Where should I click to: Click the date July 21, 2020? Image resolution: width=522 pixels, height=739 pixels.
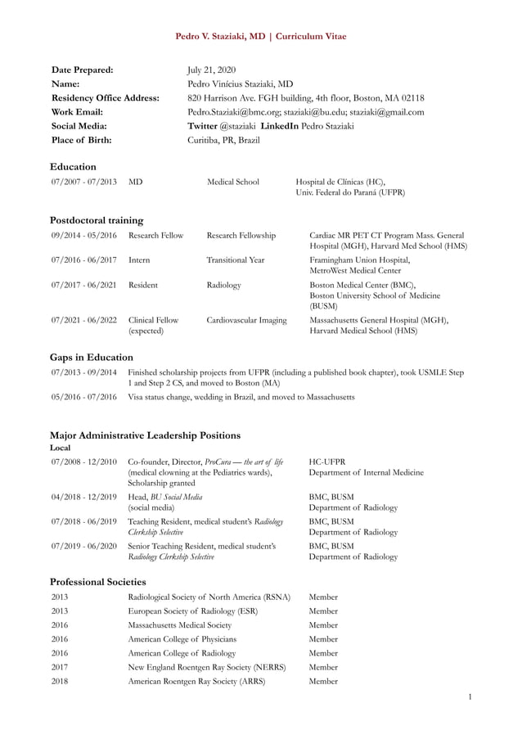(x=211, y=70)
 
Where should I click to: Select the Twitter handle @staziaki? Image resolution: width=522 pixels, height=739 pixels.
(x=237, y=126)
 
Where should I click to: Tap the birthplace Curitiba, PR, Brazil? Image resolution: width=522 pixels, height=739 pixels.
(x=223, y=140)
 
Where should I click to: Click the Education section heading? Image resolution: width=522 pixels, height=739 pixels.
(x=73, y=166)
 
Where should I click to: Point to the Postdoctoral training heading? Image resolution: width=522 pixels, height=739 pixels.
(x=97, y=219)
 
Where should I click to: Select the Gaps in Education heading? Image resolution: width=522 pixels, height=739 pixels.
(x=91, y=357)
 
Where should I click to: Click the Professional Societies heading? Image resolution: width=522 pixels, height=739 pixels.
(x=97, y=581)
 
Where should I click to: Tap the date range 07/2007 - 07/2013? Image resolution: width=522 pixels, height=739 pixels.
(x=83, y=182)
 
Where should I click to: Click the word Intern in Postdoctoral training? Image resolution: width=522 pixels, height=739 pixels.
(x=141, y=259)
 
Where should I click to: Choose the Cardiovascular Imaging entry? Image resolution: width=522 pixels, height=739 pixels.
(x=246, y=320)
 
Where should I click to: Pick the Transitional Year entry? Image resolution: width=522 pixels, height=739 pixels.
(x=236, y=259)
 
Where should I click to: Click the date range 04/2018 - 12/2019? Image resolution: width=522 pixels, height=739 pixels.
(x=83, y=497)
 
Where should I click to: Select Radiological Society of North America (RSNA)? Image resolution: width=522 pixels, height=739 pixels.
(x=209, y=597)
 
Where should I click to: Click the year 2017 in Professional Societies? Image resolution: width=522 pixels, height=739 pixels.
(x=60, y=667)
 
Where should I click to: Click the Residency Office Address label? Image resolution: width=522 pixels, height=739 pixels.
(x=105, y=97)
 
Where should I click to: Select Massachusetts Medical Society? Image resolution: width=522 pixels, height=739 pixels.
(x=180, y=624)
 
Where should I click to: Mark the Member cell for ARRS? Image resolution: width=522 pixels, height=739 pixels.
(x=323, y=681)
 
